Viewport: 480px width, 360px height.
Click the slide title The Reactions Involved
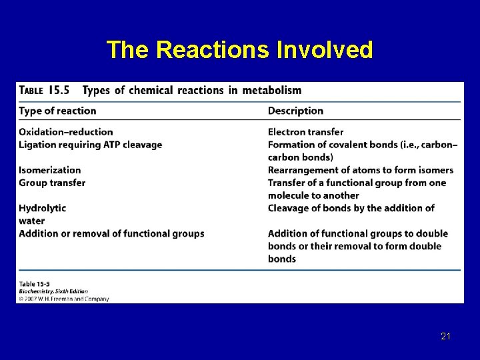239,49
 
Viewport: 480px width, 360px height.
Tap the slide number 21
446,337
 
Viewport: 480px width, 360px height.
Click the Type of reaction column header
57,111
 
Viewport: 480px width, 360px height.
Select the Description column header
295,111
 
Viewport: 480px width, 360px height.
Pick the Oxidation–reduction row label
66,132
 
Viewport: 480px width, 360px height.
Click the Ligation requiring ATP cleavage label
90,145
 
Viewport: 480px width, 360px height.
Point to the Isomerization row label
50,170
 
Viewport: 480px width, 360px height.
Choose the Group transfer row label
52,183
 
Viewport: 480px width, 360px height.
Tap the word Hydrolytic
43,208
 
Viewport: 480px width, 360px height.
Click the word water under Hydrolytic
32,221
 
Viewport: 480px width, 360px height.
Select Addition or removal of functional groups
111,233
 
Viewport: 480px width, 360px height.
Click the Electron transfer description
306,132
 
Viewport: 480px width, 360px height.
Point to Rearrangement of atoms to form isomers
361,170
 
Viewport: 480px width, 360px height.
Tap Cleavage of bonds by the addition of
351,208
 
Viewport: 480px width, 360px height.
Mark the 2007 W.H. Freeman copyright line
64,299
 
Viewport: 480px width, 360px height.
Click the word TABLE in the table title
32,91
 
